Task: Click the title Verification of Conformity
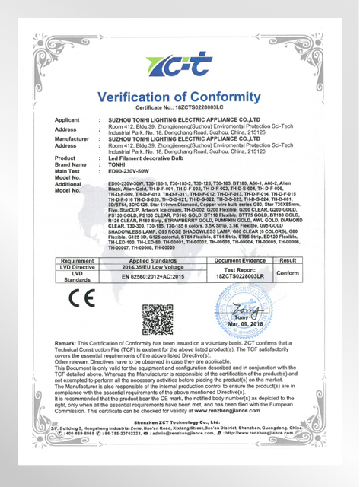[x=180, y=97]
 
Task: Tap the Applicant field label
[x=68, y=120]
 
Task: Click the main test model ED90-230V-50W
[x=133, y=171]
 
